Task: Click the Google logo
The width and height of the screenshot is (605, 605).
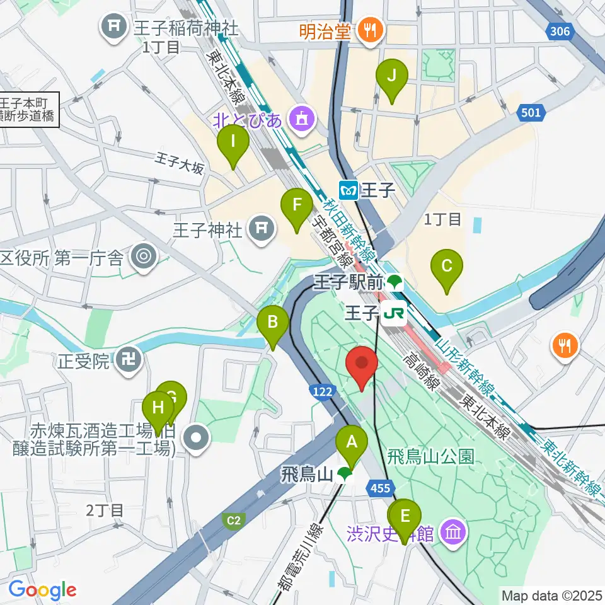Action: pos(42,591)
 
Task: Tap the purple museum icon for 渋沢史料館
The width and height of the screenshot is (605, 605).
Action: pos(454,534)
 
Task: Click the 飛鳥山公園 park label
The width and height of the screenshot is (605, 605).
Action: pos(431,456)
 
